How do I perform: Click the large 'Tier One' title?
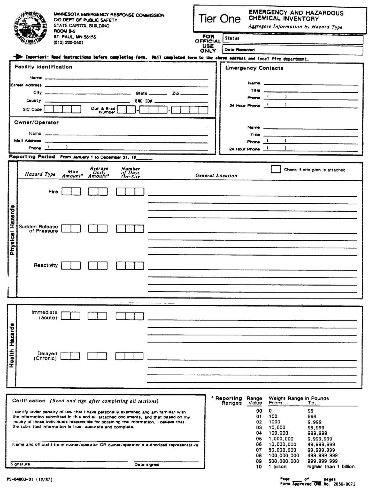(x=219, y=19)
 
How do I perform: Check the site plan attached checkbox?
(x=275, y=169)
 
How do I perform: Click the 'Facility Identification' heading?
(x=43, y=67)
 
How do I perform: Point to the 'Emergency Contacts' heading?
(x=254, y=68)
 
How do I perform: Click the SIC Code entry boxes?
(x=62, y=109)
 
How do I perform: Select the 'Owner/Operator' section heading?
(x=36, y=123)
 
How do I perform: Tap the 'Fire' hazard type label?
(x=53, y=192)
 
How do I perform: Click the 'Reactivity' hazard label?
(x=46, y=265)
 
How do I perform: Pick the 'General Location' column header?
(x=216, y=176)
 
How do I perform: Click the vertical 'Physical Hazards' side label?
(x=12, y=230)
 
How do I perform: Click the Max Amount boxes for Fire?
(x=71, y=191)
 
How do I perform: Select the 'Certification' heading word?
(x=29, y=401)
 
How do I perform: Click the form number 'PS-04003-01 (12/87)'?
(x=30, y=479)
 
